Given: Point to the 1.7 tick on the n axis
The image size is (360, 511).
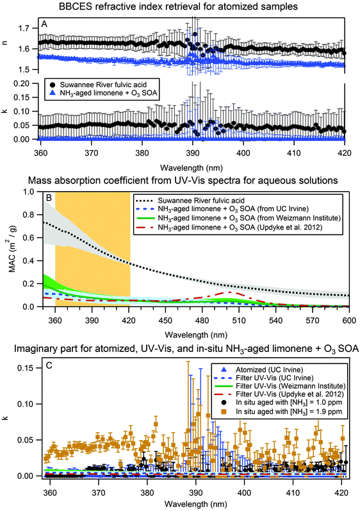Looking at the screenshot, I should point(26,29).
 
